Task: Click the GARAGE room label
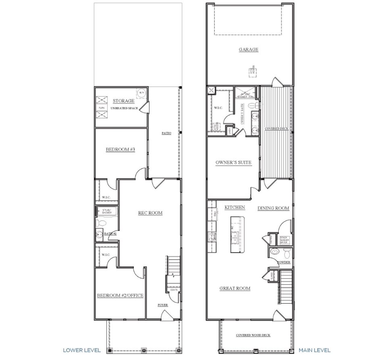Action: [x=248, y=50]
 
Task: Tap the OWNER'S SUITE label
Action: [x=233, y=162]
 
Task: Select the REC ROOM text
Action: [x=150, y=213]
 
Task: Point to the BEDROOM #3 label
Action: [x=120, y=150]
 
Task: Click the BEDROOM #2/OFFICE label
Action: [x=120, y=295]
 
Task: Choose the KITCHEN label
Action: [x=235, y=207]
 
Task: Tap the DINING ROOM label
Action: [x=273, y=208]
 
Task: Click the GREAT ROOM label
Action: [x=235, y=288]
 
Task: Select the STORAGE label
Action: [x=123, y=101]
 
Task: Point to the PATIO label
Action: [x=167, y=133]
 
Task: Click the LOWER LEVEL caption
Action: [x=82, y=350]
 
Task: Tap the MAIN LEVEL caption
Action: [x=315, y=350]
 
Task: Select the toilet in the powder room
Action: [x=287, y=253]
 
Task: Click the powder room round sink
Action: [x=275, y=252]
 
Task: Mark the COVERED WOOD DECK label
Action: [x=253, y=335]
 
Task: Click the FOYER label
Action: [x=163, y=305]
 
